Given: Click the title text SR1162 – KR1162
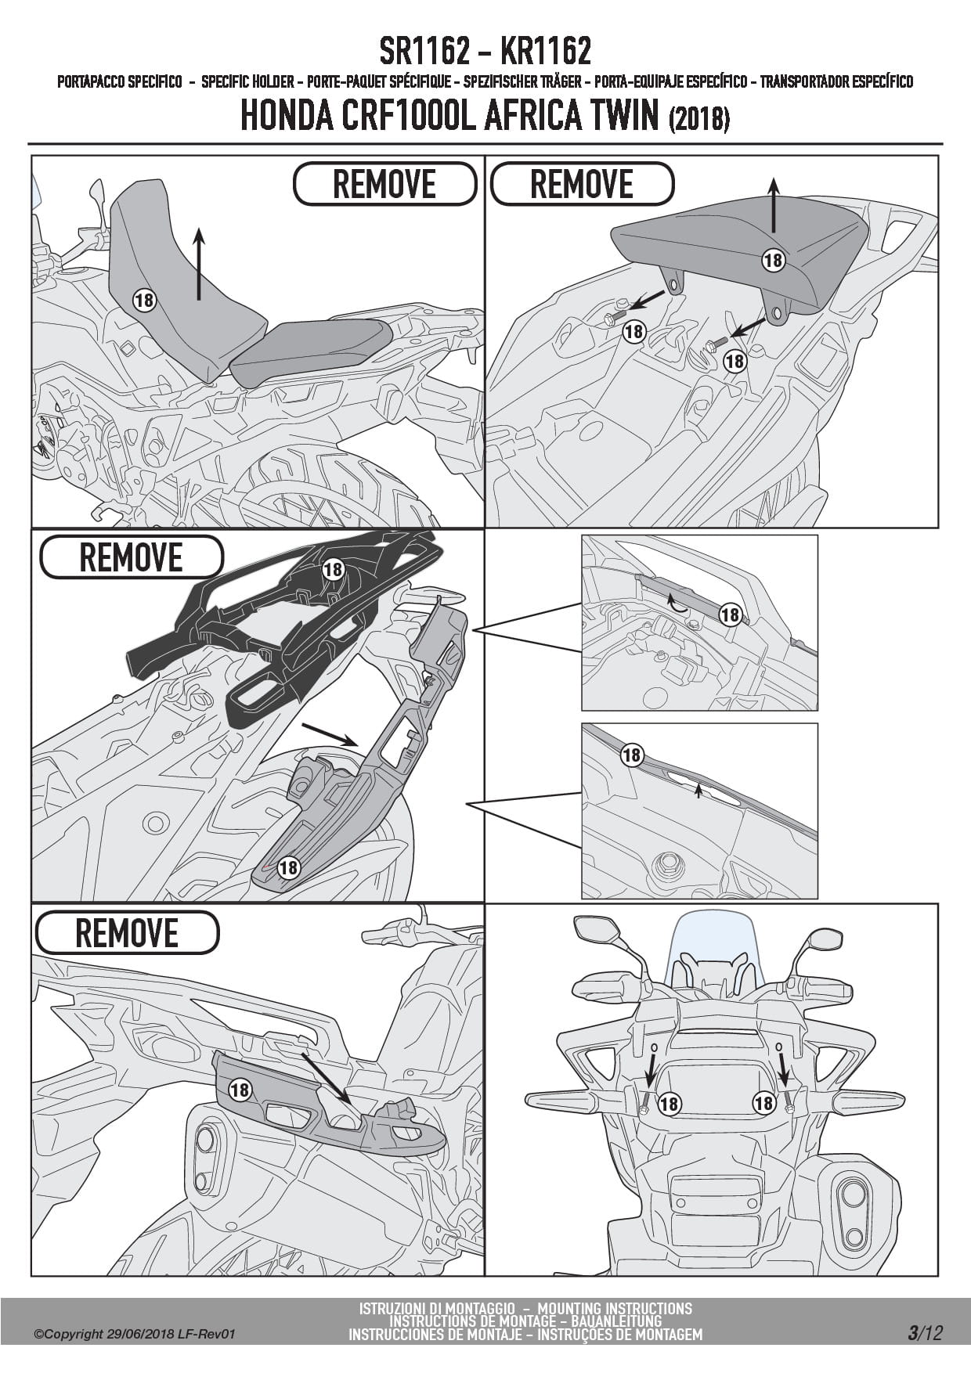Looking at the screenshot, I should pos(485,52).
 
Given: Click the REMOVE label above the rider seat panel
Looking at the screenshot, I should pos(384,184).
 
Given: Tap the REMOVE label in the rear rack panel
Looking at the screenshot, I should pos(131,557).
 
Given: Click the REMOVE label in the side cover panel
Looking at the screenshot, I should pos(126,932).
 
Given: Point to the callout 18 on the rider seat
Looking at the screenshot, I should pos(144,299).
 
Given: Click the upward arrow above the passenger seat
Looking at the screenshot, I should pos(773,204).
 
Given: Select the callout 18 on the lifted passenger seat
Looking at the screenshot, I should pos(773,260).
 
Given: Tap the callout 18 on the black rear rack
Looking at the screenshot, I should pos(333,569).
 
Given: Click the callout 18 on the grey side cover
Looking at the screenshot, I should pos(240,1089).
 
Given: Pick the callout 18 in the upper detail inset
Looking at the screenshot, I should pos(730,614).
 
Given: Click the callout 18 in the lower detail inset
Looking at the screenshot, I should pos(631,755).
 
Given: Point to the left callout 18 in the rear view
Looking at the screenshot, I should pos(669,1104).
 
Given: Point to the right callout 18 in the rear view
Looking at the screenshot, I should pos(763,1103).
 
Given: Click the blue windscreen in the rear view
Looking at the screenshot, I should pos(714,939).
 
